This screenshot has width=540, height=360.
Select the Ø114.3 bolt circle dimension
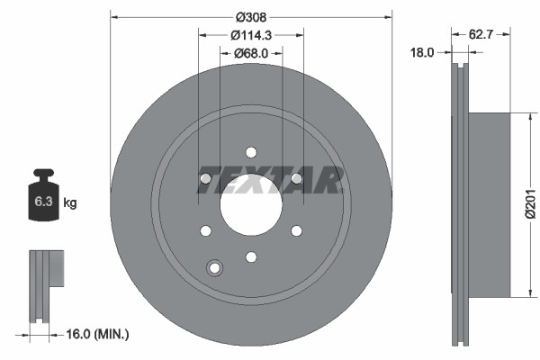pos(251,35)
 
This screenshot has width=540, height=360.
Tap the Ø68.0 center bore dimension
pos(251,52)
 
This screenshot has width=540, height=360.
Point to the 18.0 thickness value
pos(423,52)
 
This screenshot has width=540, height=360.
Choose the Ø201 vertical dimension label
pos(531,203)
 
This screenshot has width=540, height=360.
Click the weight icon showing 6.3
pos(42,196)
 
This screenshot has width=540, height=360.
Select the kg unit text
pos(70,203)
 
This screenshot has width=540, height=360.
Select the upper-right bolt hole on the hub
pos(296,178)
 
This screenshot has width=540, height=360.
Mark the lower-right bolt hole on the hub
pos(296,230)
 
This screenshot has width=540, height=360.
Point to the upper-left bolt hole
pos(205,178)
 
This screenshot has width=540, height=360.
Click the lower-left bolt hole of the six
pos(205,230)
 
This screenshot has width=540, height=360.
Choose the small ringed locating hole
pos(214,266)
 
